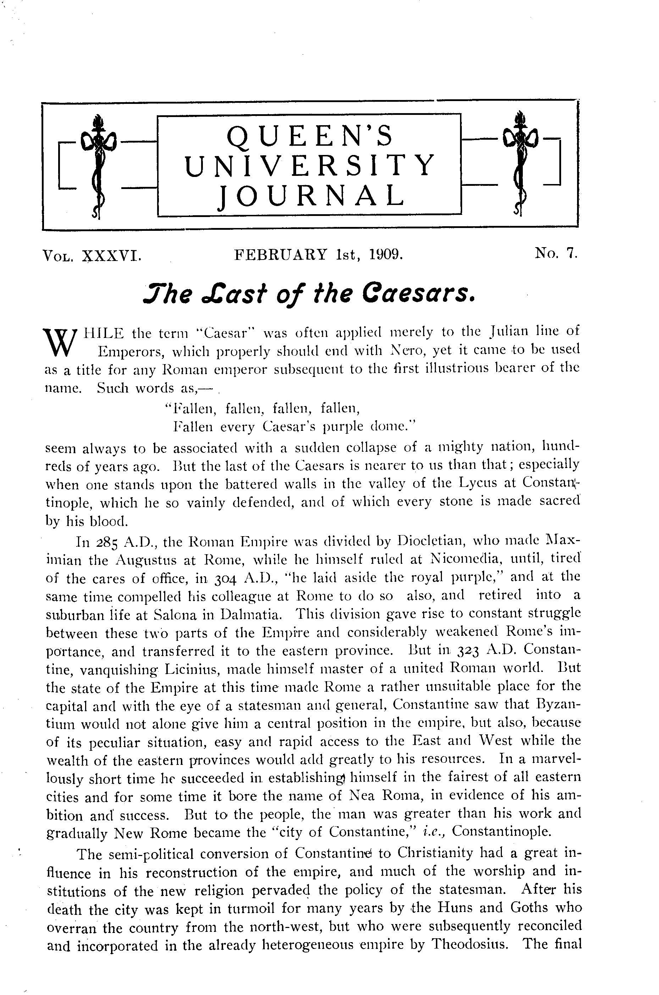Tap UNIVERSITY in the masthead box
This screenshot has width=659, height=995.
click(x=310, y=165)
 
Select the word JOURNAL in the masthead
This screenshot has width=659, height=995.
click(x=310, y=195)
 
